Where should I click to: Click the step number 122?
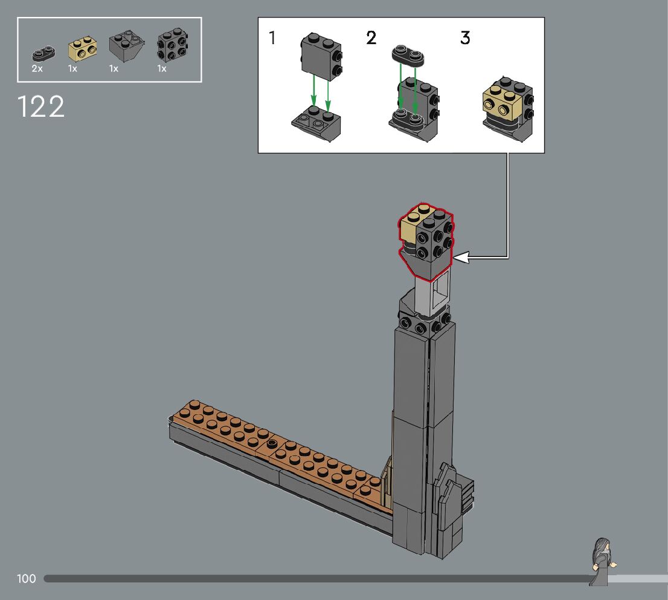tap(41, 106)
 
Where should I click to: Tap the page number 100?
tap(27, 579)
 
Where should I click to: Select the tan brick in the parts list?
tap(83, 49)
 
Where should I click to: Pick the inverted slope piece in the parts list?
tap(126, 46)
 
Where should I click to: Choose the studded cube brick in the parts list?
tap(173, 45)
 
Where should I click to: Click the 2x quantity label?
tap(37, 69)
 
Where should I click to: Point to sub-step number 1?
tap(272, 38)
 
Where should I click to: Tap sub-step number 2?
tap(371, 38)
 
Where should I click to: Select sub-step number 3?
tap(465, 38)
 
